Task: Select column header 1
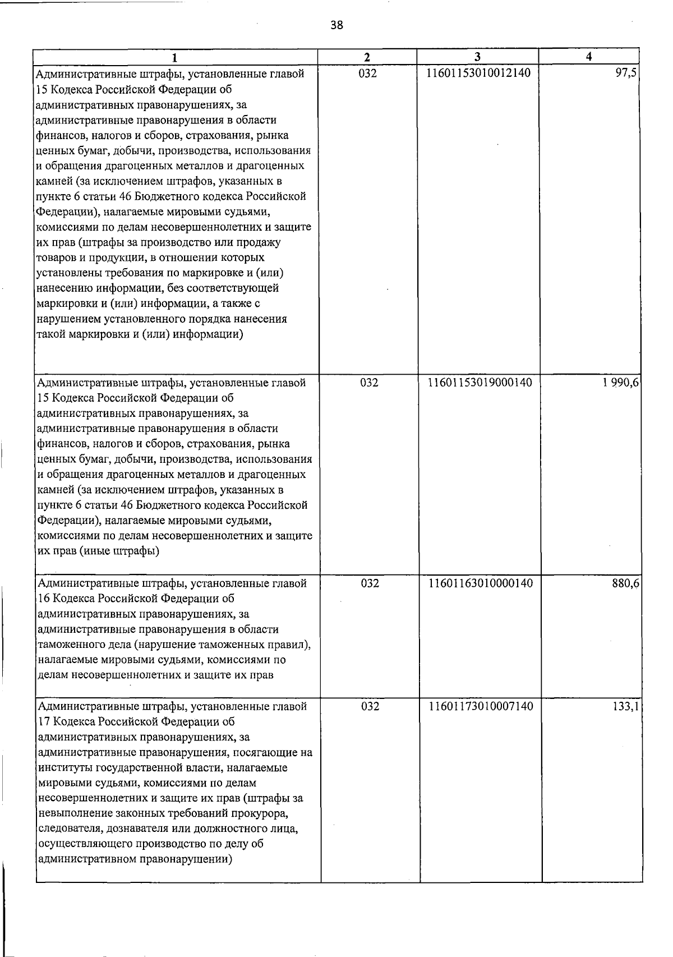point(176,57)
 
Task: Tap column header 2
point(367,57)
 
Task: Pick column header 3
point(477,57)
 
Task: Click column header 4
point(588,57)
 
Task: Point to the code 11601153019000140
point(480,383)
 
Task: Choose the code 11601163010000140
point(481,583)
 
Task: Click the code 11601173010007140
point(481,707)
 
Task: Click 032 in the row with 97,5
point(367,73)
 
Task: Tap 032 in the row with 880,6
point(370,583)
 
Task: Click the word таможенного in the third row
point(68,645)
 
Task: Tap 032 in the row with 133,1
point(370,707)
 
